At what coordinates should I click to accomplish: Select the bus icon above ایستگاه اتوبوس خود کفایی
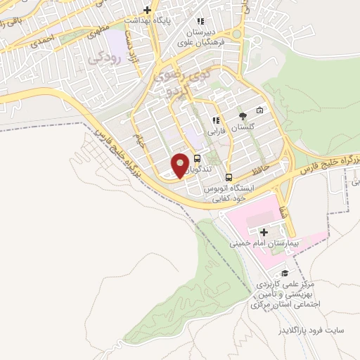pos(229,177)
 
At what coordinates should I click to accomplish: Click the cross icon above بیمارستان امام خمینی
pos(264,232)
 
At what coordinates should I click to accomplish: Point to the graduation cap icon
pos(285,273)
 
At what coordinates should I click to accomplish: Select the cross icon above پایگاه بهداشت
pos(147,10)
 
